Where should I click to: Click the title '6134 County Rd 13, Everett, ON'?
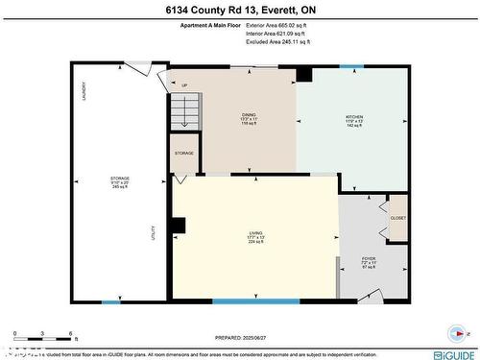click(x=239, y=12)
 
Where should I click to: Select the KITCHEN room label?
click(x=354, y=119)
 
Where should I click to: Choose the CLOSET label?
click(x=397, y=218)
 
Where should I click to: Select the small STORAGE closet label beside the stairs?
click(x=183, y=154)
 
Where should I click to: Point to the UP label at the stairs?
click(x=183, y=84)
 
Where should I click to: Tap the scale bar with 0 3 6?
click(x=43, y=337)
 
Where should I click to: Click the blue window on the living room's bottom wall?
click(x=242, y=301)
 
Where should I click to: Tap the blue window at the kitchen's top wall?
click(x=351, y=66)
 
